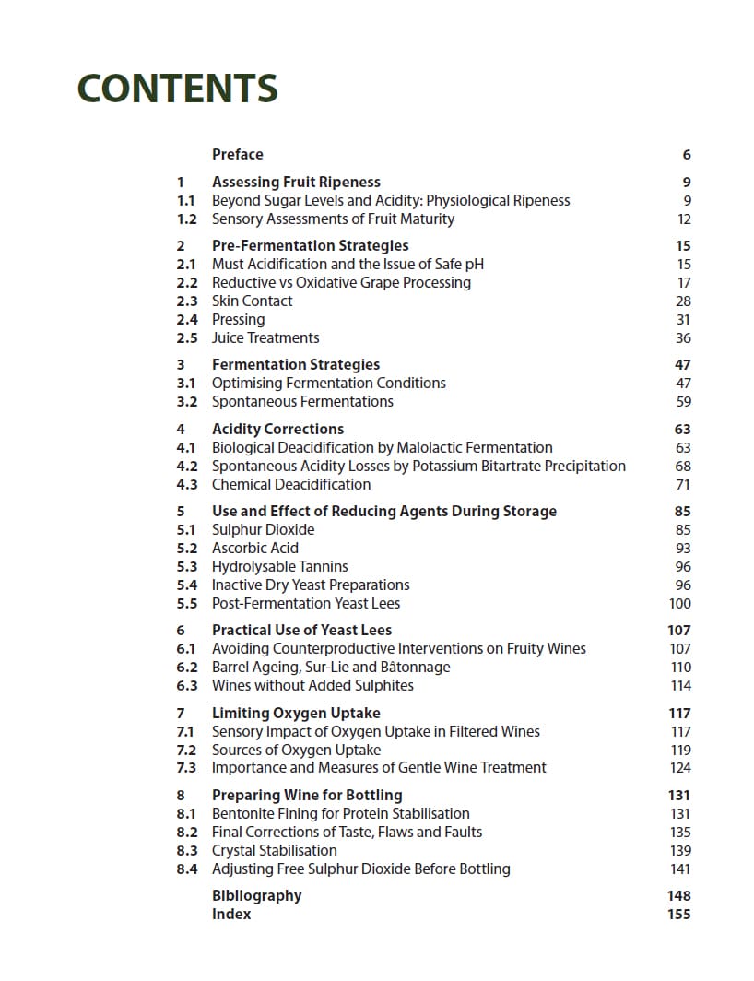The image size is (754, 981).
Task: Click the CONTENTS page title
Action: point(178,89)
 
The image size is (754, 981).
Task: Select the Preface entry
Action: point(237,155)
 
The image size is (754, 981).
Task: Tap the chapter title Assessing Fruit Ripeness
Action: point(296,183)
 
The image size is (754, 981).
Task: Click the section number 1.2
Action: point(186,219)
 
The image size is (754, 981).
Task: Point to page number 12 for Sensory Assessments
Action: point(683,219)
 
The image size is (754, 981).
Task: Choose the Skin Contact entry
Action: point(252,301)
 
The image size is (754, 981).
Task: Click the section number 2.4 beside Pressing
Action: point(186,320)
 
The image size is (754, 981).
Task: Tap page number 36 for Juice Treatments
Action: point(683,338)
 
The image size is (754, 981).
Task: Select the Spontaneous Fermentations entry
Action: point(302,402)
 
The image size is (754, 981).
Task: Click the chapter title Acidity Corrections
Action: point(277,430)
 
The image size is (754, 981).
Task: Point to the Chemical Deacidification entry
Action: point(291,485)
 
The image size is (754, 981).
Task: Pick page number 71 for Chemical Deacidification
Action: point(683,485)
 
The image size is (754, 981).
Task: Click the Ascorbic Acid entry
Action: point(255,549)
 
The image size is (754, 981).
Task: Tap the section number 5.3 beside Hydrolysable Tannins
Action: point(186,567)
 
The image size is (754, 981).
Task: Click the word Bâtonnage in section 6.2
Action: point(409,668)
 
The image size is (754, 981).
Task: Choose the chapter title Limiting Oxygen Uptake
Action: point(296,714)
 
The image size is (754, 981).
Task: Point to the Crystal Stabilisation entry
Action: point(274,851)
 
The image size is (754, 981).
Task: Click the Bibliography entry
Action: point(256,896)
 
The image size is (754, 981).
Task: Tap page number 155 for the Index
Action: point(678,915)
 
